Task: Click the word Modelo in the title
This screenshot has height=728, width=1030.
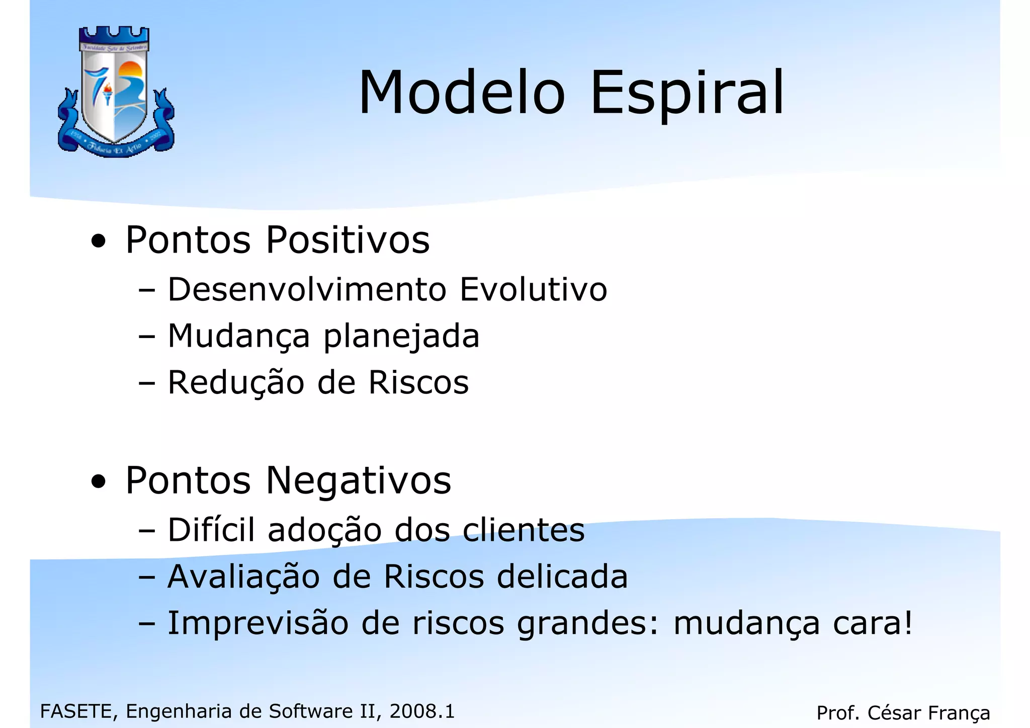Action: pos(462,94)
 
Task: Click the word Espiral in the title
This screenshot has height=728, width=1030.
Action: pos(687,94)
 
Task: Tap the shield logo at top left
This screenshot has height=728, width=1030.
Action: pos(116,92)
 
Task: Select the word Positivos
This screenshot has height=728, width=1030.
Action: pos(348,240)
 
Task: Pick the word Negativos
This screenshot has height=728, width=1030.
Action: pos(358,481)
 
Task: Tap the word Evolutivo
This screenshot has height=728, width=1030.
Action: pos(534,290)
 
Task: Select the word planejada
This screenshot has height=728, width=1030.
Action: pos(401,337)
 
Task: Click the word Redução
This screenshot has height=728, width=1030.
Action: pos(236,382)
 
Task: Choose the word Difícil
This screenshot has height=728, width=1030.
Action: pos(211,530)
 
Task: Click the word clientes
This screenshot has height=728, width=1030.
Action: pos(524,530)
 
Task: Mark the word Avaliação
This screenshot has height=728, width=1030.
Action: pos(243,577)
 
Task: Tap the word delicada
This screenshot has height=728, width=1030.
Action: pos(562,577)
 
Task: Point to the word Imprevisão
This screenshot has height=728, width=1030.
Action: pos(258,623)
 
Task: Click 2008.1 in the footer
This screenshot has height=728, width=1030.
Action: pos(422,711)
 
